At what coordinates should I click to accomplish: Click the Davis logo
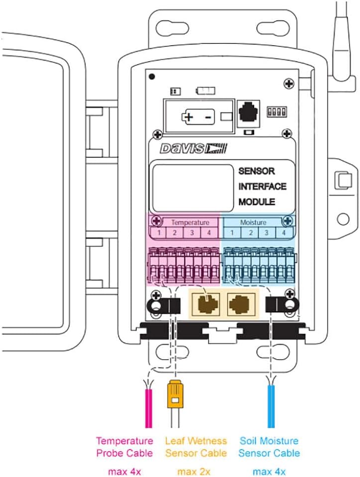pos(193,148)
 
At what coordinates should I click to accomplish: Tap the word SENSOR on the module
pos(256,171)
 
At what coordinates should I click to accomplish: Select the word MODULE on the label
pos(257,202)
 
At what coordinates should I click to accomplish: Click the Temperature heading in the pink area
pos(190,222)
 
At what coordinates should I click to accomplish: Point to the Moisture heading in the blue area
pos(253,222)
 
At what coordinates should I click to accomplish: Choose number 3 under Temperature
pos(191,233)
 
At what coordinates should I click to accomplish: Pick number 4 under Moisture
pos(283,233)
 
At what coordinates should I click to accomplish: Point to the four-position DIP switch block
pos(275,110)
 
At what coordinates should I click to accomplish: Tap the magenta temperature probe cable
pos(148,407)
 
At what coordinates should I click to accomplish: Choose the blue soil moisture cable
pos(270,407)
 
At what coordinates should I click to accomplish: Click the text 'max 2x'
pos(195,471)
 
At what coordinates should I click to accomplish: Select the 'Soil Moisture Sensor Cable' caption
pos(269,447)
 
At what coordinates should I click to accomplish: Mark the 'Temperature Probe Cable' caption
pos(124,447)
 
